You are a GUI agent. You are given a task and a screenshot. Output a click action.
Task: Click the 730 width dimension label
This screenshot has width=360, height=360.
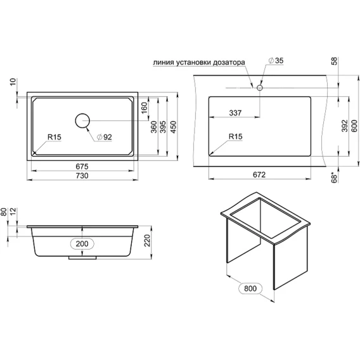pos(82,176)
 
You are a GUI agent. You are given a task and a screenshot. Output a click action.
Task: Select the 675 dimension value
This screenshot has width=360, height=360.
pos(82,166)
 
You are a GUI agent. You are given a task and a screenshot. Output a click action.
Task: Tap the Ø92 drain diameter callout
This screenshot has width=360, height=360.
pos(104,137)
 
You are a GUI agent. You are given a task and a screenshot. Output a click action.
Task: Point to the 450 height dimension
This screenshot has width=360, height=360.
pos(173,127)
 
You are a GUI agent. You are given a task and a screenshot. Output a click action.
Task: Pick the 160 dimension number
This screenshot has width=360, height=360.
pos(144,108)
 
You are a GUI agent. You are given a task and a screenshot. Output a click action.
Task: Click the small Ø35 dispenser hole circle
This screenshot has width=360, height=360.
pos(260,87)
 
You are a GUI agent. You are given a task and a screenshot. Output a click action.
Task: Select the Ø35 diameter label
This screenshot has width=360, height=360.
pos(276,60)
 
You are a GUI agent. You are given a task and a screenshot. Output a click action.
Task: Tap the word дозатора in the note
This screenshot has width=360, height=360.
pos(229,63)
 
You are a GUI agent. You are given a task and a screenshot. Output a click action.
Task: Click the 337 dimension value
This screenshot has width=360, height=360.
pos(235,113)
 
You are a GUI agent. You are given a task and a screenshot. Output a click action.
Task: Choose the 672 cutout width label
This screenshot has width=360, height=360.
pos(259,175)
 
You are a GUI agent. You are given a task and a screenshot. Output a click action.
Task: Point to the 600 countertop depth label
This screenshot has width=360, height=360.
pos(354,126)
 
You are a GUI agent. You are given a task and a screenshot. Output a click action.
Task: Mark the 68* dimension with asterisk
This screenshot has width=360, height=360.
pos(335,177)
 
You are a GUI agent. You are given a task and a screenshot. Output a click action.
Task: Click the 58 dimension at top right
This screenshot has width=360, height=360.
pos(335,61)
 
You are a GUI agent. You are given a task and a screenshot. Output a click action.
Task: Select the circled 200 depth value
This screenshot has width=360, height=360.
pos(82,243)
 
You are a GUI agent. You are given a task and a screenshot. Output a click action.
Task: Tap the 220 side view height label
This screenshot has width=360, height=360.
pos(148,240)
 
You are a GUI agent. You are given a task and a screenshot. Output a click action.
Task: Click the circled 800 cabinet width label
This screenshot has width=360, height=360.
pos(250,288)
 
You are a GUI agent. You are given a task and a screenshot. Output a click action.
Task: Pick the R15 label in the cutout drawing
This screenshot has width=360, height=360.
pos(236,137)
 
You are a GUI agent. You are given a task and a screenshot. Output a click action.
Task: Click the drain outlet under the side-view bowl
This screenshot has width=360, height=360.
pos(82,258)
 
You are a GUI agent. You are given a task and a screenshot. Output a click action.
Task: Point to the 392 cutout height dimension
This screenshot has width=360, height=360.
pos(345,126)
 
